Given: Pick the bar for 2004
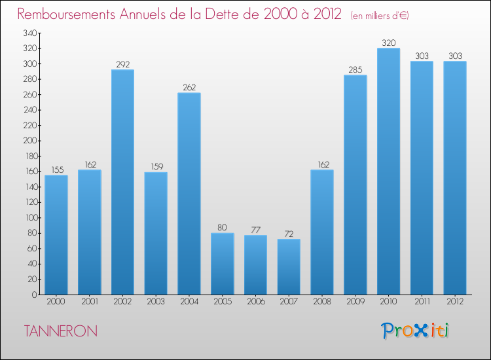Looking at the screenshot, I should click(x=189, y=194).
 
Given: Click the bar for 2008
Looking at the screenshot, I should click(x=322, y=232).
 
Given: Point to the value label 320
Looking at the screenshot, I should click(x=388, y=43).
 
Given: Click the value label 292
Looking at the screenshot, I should click(x=122, y=65).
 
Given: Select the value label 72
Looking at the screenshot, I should click(x=289, y=234).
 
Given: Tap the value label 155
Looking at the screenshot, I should click(x=56, y=170).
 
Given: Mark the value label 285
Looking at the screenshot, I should click(x=355, y=70).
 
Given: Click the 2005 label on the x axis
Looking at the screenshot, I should click(x=223, y=301).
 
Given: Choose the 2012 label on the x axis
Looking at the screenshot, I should click(x=455, y=301).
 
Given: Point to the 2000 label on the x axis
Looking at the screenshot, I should click(x=56, y=301).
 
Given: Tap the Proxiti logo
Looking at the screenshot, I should click(x=416, y=331).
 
